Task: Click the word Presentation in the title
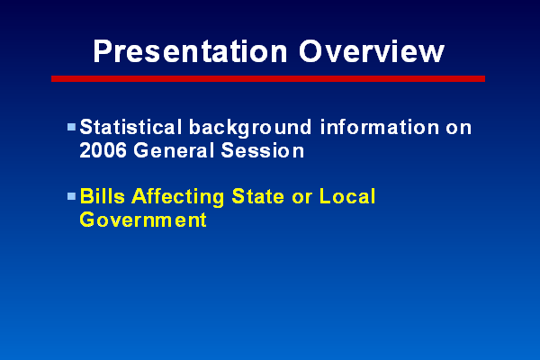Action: pos(191,51)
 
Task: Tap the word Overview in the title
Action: pos(372,51)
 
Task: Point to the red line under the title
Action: pos(268,79)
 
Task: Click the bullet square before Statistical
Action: pos(71,127)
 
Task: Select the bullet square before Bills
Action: pos(71,196)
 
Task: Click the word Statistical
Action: pos(130,127)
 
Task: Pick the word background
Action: pos(250,128)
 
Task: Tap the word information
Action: pos(380,127)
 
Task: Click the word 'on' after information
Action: pos(459,128)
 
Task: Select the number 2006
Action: pos(103,150)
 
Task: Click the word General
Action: pos(174,150)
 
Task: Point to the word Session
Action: pos(263,150)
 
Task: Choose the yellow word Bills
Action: pos(103,196)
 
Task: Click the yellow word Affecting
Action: pos(178,197)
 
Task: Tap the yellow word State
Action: pos(258,196)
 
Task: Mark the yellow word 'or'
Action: pos(302,198)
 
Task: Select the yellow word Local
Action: pos(347,196)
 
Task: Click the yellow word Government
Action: pos(143,220)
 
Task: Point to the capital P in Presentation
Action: pos(103,51)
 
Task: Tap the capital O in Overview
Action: pos(310,51)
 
